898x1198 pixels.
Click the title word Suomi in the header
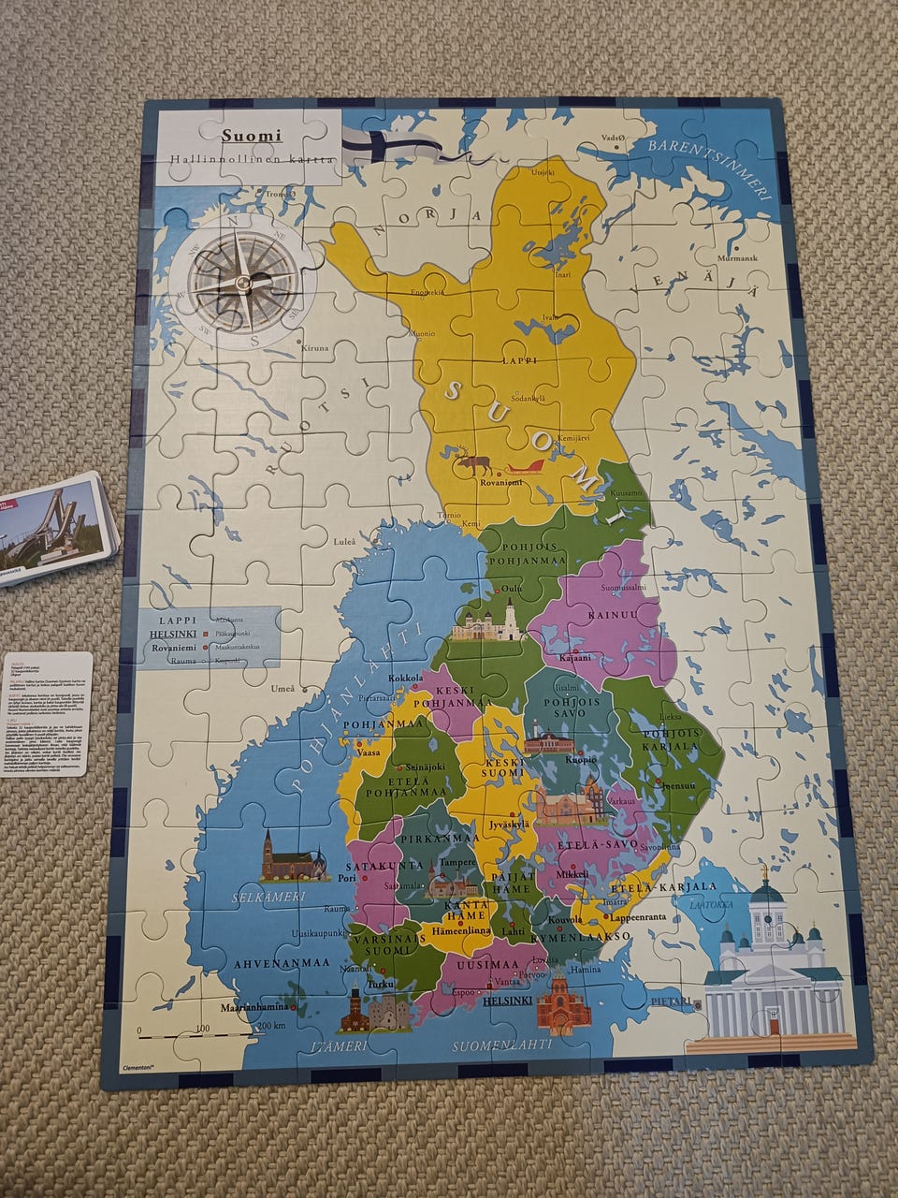(x=252, y=135)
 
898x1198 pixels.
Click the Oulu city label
(x=512, y=588)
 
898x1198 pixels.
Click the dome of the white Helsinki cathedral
(x=766, y=890)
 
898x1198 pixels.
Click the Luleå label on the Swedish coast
(x=345, y=542)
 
